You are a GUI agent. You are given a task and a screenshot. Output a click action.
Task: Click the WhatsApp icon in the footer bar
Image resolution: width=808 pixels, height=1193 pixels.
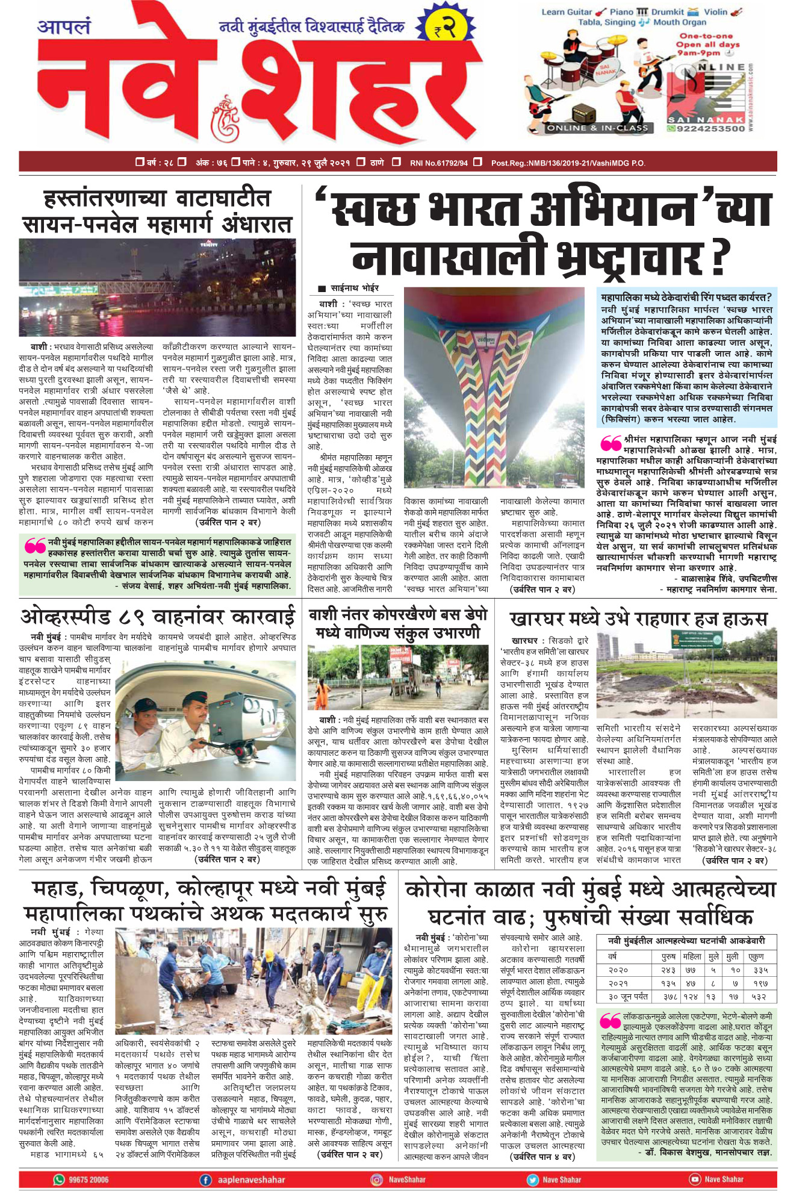pyautogui.click(x=59, y=1179)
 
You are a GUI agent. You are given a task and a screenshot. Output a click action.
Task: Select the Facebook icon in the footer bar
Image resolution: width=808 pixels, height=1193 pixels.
pyautogui.click(x=206, y=1179)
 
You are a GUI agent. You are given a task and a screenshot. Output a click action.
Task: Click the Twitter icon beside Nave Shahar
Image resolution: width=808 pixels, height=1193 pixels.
pyautogui.click(x=532, y=1179)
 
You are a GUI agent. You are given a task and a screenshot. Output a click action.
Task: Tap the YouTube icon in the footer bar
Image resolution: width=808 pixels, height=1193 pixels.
pyautogui.click(x=695, y=1179)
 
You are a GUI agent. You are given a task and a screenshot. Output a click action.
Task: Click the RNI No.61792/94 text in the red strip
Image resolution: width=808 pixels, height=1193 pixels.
pyautogui.click(x=438, y=163)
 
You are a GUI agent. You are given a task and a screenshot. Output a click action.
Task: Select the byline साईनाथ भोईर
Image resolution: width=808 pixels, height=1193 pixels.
pyautogui.click(x=355, y=288)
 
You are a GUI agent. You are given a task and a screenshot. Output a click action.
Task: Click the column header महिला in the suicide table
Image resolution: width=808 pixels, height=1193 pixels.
pyautogui.click(x=692, y=956)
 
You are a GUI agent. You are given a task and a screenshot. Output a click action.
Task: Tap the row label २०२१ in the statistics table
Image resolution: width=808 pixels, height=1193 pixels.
pyautogui.click(x=618, y=983)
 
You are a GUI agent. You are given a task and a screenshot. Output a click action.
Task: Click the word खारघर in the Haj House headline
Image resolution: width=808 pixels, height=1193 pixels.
pyautogui.click(x=537, y=620)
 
